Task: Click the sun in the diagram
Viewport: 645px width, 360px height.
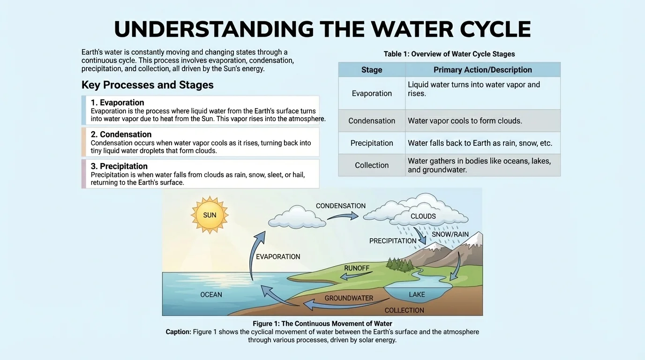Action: coord(210,215)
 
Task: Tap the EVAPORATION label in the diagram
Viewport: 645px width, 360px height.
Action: coord(278,256)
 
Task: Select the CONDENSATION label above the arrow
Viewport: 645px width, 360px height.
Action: coord(341,206)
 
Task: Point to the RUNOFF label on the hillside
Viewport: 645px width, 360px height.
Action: coord(356,268)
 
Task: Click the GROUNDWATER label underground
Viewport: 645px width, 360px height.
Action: coord(349,298)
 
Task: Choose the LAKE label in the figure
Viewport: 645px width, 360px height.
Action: coord(417,294)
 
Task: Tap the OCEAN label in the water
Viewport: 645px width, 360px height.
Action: coord(211,295)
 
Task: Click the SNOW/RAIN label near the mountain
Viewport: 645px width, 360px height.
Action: coord(450,234)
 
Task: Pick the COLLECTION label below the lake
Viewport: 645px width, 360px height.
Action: coord(404,310)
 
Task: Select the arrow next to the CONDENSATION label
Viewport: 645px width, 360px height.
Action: coord(343,216)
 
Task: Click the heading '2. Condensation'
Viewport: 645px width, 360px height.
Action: coord(121,135)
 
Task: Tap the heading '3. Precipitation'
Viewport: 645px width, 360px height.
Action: coord(119,166)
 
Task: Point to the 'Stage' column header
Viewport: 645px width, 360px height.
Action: coord(372,70)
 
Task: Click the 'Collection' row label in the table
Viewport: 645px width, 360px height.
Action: coord(372,165)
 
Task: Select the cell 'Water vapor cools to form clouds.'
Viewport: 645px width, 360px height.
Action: coord(465,120)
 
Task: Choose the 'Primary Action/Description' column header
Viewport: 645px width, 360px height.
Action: coord(483,70)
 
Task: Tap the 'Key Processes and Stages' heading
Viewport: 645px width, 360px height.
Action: coord(148,85)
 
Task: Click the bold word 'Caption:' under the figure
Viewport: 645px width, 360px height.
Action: coord(178,332)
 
